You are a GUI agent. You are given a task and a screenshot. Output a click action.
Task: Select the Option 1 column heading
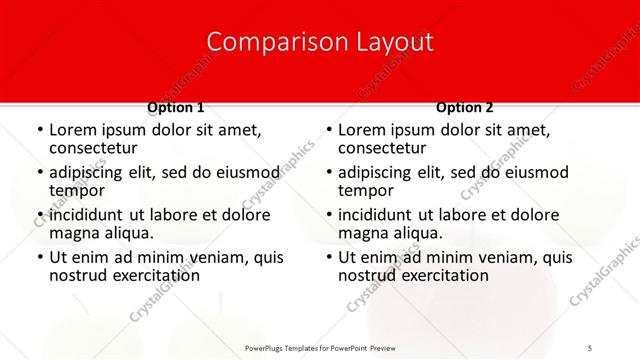pyautogui.click(x=175, y=107)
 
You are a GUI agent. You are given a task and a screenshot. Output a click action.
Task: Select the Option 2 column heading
pyautogui.click(x=464, y=107)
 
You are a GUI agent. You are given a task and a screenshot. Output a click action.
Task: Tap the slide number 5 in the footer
pyautogui.click(x=590, y=347)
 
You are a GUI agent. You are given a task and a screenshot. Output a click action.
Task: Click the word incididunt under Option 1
pyautogui.click(x=87, y=215)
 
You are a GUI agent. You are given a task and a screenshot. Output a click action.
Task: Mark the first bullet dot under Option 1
pyautogui.click(x=39, y=130)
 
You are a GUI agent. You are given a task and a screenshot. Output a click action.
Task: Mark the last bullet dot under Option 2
pyautogui.click(x=328, y=258)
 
